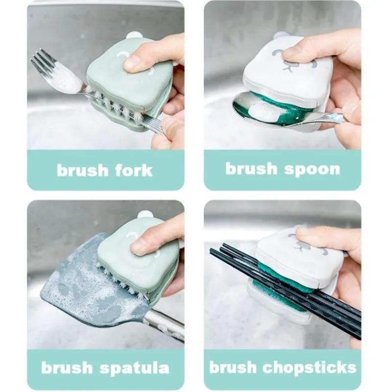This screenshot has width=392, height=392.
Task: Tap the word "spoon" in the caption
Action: [x=312, y=170]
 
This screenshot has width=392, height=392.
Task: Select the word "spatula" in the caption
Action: [x=134, y=368]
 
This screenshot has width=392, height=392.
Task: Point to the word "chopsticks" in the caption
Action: [x=310, y=367]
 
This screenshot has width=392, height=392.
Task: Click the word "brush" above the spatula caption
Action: [x=67, y=367]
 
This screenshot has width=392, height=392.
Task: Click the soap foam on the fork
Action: [x=68, y=79]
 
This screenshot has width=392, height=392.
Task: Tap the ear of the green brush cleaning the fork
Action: [x=134, y=35]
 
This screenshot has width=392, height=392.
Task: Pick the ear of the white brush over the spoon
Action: [x=279, y=35]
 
